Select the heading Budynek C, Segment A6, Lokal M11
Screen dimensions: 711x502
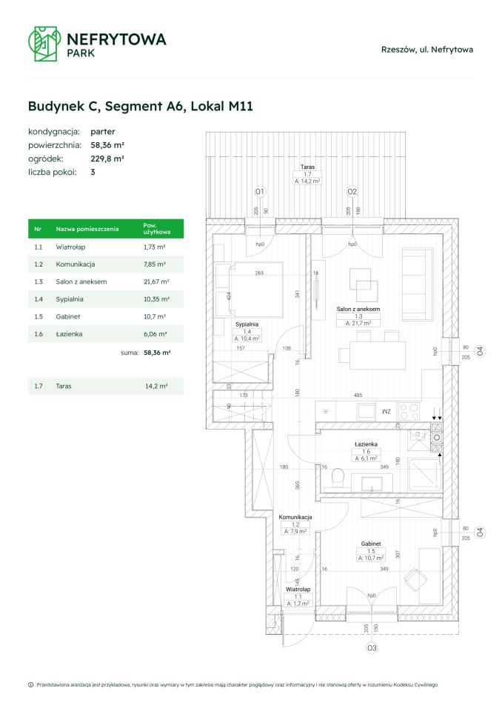click(x=141, y=106)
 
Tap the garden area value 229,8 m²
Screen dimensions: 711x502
click(x=107, y=158)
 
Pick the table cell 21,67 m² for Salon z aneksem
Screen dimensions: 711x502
click(x=156, y=281)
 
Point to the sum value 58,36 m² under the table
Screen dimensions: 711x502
click(x=156, y=353)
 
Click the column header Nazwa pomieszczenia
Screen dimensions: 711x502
click(x=87, y=230)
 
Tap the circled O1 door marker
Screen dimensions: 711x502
click(x=260, y=193)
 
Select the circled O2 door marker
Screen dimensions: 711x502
click(x=352, y=193)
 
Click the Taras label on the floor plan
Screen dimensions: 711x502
click(x=307, y=167)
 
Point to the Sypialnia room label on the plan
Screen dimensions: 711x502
click(x=247, y=324)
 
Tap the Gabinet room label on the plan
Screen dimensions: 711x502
click(x=371, y=544)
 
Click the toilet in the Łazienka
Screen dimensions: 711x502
click(x=338, y=478)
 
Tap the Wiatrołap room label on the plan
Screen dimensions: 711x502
click(x=298, y=590)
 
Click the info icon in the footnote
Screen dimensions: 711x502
click(x=30, y=685)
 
